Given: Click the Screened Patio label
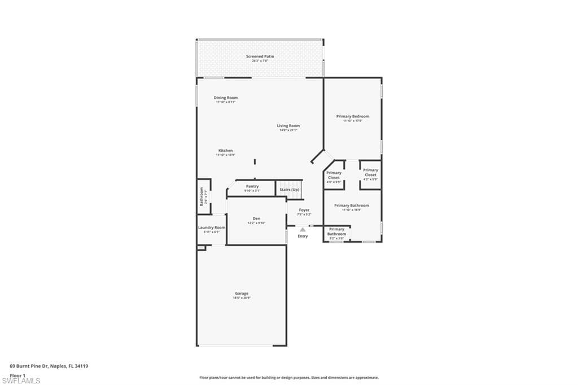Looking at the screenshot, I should pos(260,56).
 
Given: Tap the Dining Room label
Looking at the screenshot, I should pos(225,98).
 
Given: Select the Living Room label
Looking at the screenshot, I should pos(288,126).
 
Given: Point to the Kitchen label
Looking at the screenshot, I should pos(225,151).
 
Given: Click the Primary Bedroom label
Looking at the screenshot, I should pos(352,117).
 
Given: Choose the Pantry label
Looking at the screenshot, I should pos(252,187).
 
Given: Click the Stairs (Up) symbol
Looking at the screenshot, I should pos(289,190).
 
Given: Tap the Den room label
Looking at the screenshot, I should pos(256,219).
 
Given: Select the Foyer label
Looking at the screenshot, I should pos(304,211).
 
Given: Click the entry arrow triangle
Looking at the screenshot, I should pos(303,229).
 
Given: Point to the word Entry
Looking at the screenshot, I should pos(303,236).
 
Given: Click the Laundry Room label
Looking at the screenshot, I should pos(212,228).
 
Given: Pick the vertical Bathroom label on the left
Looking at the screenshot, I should pos(202,196).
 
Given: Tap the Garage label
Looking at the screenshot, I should pos(242,294).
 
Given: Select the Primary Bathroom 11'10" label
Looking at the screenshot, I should pos(352,206).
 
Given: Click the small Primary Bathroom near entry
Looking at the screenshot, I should pos(336,232).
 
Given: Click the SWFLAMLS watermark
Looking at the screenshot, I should pos(21,380).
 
